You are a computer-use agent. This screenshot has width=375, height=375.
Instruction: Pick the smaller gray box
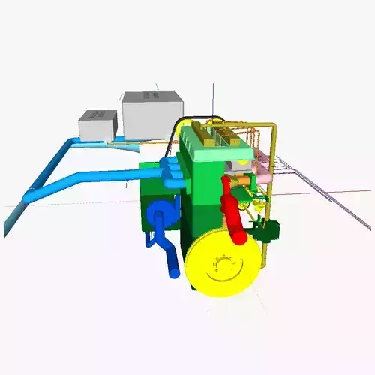click(x=98, y=125)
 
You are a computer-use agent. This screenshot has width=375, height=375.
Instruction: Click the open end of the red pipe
click(x=241, y=239)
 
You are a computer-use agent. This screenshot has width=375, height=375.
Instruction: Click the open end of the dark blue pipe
click(x=175, y=271)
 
